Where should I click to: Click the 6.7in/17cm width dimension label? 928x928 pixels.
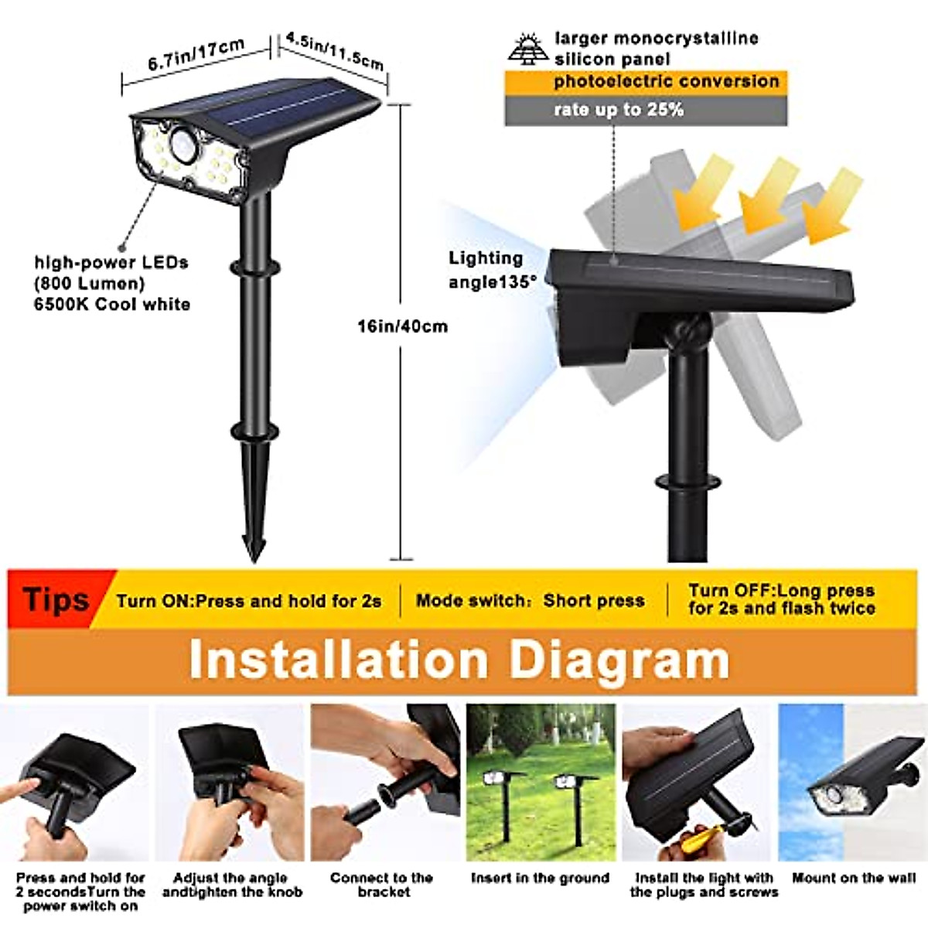[196, 55]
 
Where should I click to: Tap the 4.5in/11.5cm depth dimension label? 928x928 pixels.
[334, 51]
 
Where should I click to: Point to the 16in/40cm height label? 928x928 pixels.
[401, 326]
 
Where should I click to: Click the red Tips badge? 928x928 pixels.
[55, 600]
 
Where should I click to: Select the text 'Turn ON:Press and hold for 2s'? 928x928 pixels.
[248, 601]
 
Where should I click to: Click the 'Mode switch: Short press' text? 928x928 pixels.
[530, 601]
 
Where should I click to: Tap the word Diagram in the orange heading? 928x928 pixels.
[619, 660]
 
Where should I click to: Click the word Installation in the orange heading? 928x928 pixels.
[339, 660]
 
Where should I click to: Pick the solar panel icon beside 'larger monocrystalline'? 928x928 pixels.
[528, 48]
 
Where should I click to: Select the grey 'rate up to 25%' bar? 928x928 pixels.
[646, 110]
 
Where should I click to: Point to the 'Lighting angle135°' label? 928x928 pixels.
[491, 270]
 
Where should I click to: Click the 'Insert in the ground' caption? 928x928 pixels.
[540, 879]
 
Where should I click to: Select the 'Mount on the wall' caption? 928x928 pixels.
[853, 879]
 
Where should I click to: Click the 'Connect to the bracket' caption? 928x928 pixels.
[381, 885]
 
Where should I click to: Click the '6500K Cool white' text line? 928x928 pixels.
[112, 305]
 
